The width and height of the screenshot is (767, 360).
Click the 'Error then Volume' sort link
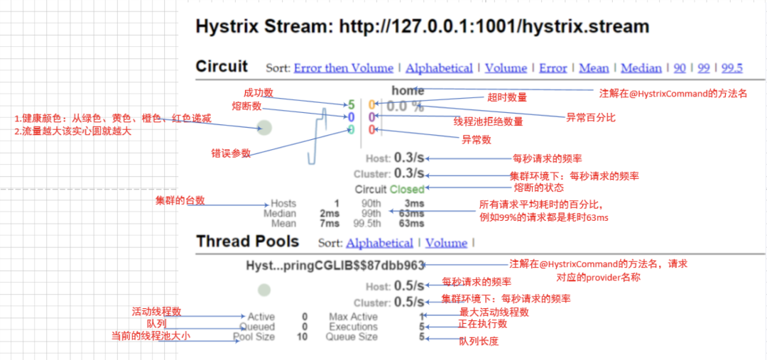(343, 68)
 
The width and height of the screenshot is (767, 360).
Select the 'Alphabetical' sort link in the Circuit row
(439, 68)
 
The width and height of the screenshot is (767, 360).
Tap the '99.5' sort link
(731, 68)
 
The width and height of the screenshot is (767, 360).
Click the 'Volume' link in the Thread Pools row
(446, 243)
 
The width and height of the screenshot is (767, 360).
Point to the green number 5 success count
(351, 105)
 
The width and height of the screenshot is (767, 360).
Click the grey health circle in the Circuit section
(265, 128)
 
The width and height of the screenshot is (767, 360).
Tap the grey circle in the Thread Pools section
(265, 290)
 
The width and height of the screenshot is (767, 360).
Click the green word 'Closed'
(407, 190)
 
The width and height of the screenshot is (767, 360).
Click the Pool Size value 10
(303, 337)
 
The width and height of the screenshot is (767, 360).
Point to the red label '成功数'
(258, 92)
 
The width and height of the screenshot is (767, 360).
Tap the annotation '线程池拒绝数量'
(488, 121)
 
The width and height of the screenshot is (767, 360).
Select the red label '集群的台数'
(180, 201)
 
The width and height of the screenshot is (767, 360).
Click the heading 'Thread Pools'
(247, 241)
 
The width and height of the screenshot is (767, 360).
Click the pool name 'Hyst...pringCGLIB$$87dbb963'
(334, 266)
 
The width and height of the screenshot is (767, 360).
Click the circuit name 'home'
(407, 91)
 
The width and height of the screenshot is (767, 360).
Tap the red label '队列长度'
(479, 342)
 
